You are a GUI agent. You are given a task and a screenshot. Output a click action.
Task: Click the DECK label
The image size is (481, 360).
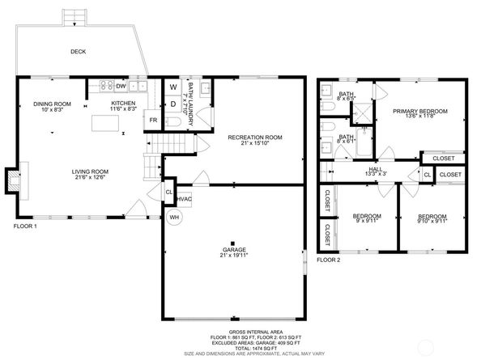[x=78, y=52]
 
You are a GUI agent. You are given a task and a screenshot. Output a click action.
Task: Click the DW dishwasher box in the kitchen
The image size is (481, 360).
[x=120, y=85]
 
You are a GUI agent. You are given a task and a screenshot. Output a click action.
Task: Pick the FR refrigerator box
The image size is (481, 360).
[x=152, y=121]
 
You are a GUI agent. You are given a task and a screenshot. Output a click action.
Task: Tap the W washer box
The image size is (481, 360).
[x=173, y=87]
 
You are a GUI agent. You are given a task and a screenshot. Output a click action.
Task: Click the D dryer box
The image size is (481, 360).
[x=173, y=104]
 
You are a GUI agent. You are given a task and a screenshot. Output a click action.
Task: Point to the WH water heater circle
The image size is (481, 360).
[x=174, y=217]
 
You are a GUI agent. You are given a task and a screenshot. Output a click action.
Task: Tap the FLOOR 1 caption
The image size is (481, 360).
[x=25, y=227]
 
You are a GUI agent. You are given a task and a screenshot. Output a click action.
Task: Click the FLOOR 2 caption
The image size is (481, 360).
[x=329, y=260]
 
